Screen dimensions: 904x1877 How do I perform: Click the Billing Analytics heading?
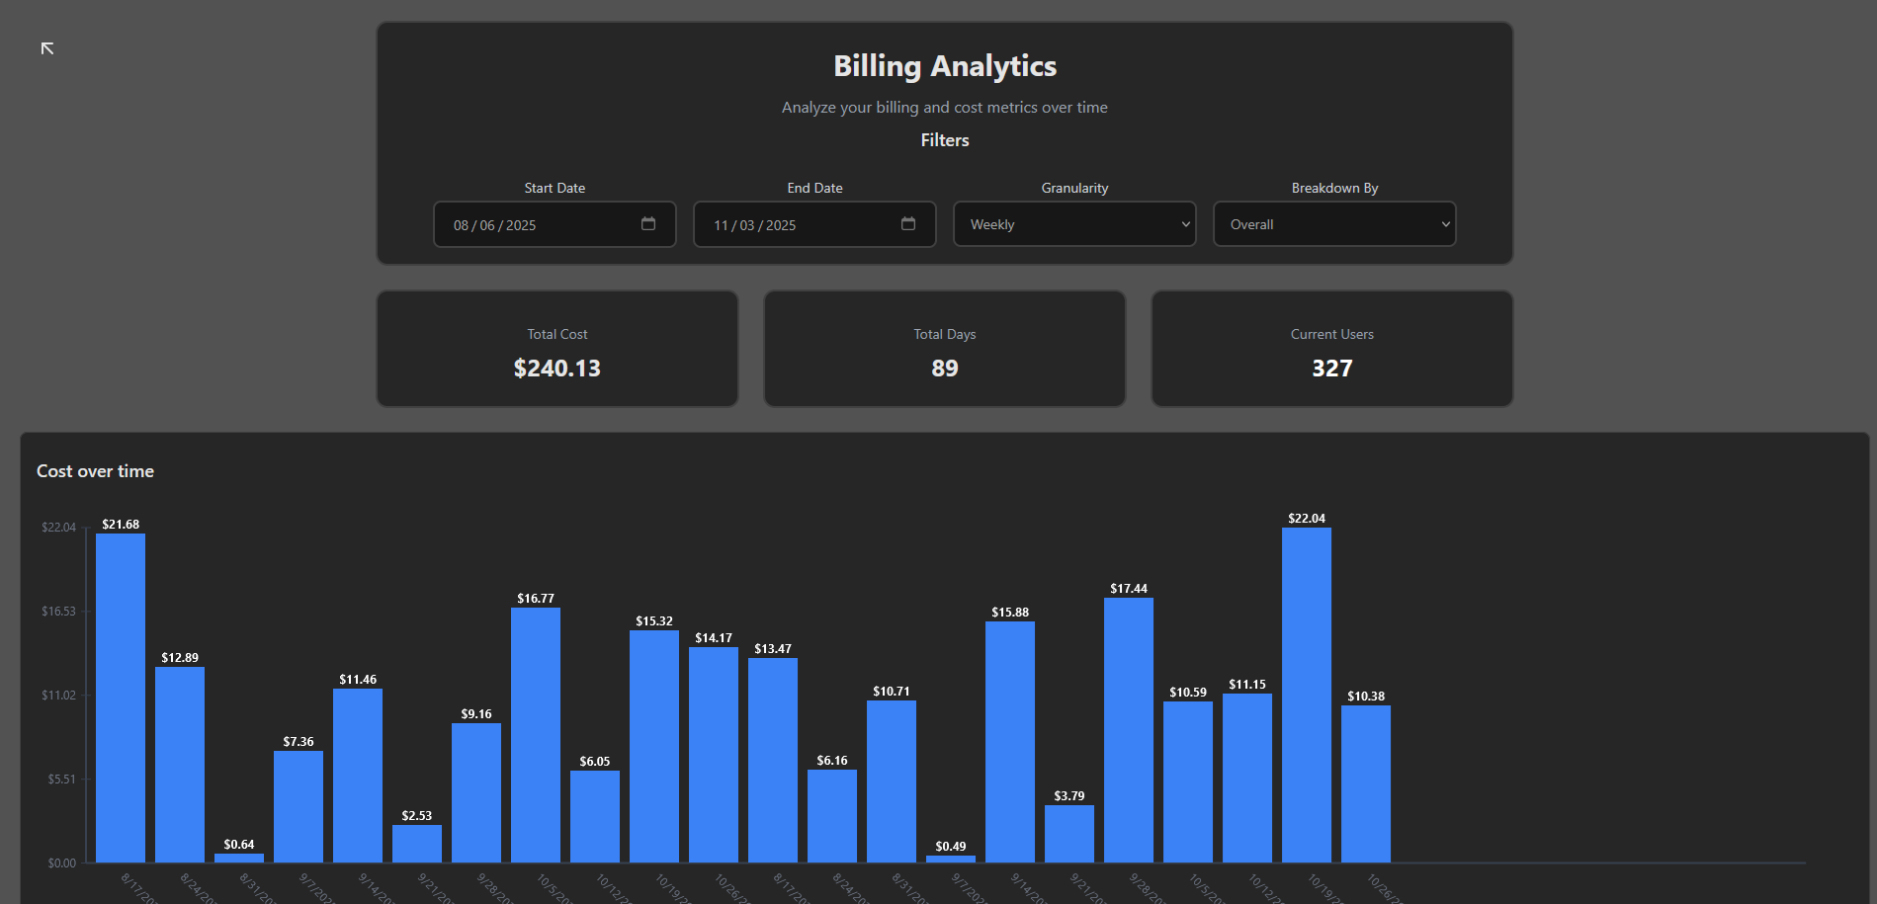tap(944, 66)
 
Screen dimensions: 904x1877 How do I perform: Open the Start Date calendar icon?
tap(648, 224)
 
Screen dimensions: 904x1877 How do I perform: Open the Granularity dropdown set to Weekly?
tap(1074, 224)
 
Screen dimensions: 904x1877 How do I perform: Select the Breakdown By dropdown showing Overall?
tap(1334, 224)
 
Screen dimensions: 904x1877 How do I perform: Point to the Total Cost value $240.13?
tap(556, 369)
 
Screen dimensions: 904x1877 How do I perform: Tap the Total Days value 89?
tap(944, 369)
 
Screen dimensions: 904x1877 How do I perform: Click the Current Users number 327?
tap(1331, 369)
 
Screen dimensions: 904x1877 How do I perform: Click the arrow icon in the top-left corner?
tap(47, 48)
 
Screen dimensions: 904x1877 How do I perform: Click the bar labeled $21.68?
tap(121, 698)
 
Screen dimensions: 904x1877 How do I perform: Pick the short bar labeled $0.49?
tap(951, 859)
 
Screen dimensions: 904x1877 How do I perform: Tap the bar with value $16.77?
tap(536, 735)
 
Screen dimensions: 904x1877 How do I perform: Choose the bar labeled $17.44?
tap(1129, 730)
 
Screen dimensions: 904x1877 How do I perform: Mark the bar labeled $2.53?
tap(417, 844)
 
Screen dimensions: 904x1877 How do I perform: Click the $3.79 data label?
tap(1069, 796)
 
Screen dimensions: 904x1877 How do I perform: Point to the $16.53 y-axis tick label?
tap(58, 612)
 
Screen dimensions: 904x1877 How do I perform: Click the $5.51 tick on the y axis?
tap(61, 780)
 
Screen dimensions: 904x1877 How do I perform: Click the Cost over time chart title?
tap(95, 471)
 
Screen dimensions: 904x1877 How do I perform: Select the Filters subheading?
tap(944, 140)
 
